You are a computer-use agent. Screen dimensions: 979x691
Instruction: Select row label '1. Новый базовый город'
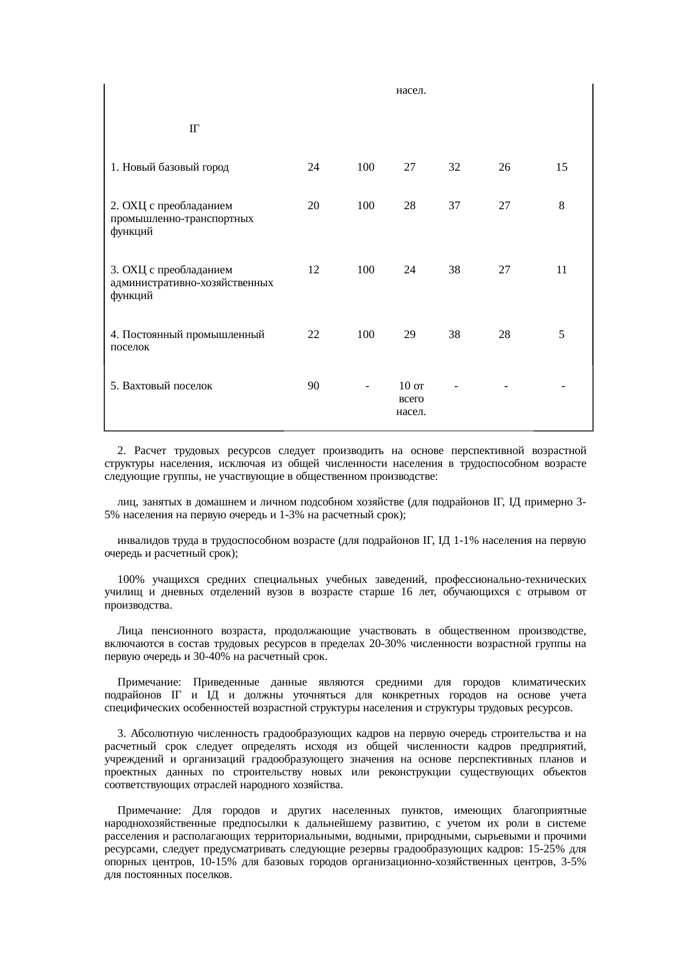(169, 167)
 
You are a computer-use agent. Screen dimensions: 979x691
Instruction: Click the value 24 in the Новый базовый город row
(313, 167)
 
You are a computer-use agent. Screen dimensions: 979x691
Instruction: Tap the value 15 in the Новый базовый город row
(561, 167)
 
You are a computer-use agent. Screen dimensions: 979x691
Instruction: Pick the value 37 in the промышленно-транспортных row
(454, 206)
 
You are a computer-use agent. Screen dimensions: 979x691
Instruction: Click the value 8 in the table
(561, 206)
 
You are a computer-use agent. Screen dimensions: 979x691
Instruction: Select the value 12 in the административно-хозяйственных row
(313, 270)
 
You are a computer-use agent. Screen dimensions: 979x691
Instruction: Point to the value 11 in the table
(561, 270)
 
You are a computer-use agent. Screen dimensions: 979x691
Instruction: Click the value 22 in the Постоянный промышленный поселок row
(313, 335)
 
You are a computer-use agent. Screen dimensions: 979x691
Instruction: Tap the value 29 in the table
(410, 335)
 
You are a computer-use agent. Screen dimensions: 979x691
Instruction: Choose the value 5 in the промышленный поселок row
(561, 335)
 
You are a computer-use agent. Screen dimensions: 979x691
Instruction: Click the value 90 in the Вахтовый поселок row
(313, 385)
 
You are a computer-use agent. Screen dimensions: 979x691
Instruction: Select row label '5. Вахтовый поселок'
(161, 385)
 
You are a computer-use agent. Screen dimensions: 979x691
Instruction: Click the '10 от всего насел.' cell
(411, 399)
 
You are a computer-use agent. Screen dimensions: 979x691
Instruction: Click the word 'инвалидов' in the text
(140, 541)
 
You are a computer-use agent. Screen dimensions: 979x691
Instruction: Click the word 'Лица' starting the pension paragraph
(129, 631)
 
